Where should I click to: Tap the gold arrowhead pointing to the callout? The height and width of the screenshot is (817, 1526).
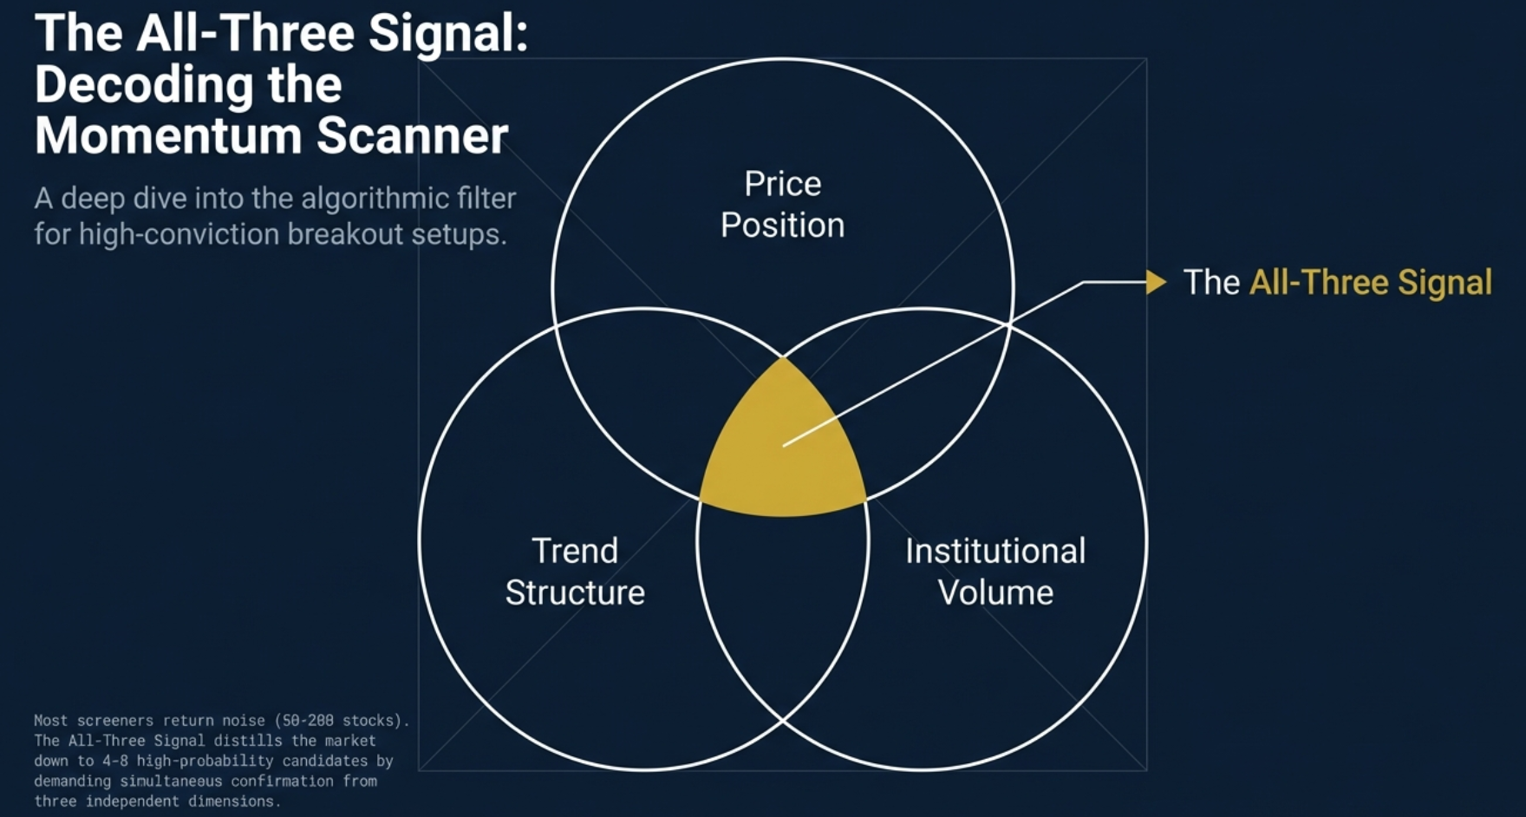[1156, 282]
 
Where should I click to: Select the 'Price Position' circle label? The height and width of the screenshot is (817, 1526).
[782, 205]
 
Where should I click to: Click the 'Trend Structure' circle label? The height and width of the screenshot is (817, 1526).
[575, 572]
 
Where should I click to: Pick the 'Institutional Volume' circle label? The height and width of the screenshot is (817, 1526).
[995, 572]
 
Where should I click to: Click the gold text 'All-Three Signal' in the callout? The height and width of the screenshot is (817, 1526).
[1370, 283]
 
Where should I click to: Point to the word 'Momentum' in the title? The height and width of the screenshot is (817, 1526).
[168, 136]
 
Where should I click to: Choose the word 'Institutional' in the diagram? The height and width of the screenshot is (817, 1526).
[995, 552]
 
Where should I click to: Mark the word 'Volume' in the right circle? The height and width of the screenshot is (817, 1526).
[995, 593]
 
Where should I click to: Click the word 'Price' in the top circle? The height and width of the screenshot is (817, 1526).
[782, 184]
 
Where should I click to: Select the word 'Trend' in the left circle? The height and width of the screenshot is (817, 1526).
[575, 552]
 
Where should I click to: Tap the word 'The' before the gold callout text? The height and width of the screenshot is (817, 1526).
[1211, 283]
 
